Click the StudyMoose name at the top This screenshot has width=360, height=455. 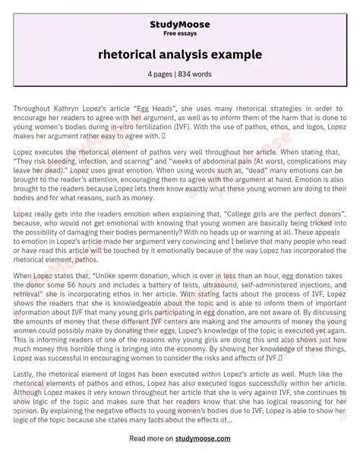pos(179,13)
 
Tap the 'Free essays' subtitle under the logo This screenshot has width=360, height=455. pos(179,23)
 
